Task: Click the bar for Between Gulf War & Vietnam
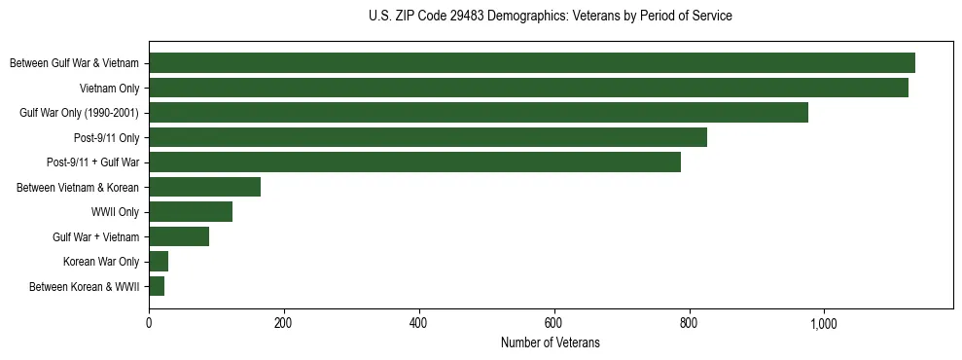pyautogui.click(x=531, y=63)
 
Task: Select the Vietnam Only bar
pyautogui.click(x=528, y=88)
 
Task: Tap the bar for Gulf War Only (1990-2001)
pyautogui.click(x=478, y=113)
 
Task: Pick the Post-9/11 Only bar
pyautogui.click(x=427, y=137)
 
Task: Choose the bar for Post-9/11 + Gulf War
pyautogui.click(x=414, y=162)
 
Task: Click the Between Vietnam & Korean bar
pyautogui.click(x=204, y=187)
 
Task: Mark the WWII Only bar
pyautogui.click(x=191, y=212)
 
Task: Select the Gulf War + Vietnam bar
pyautogui.click(x=179, y=236)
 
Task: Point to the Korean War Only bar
pyautogui.click(x=159, y=262)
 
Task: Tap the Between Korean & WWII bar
pyautogui.click(x=157, y=286)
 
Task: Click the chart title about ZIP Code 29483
pyautogui.click(x=551, y=17)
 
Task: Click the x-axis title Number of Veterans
pyautogui.click(x=551, y=342)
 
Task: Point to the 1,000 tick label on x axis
pyautogui.click(x=823, y=323)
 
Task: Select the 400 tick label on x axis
pyautogui.click(x=418, y=323)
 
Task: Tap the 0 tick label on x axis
pyautogui.click(x=149, y=323)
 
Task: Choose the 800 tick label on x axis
pyautogui.click(x=689, y=323)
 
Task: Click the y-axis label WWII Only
pyautogui.click(x=114, y=212)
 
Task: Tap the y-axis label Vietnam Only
pyautogui.click(x=109, y=88)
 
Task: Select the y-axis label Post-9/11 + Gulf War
pyautogui.click(x=92, y=162)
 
